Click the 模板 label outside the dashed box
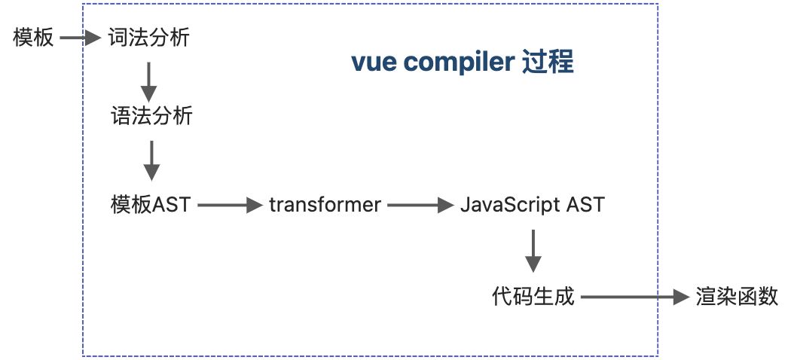tap(34, 37)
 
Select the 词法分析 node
tap(148, 37)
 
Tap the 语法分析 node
tap(151, 117)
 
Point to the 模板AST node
tap(149, 204)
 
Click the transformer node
tap(325, 204)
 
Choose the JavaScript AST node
tap(532, 204)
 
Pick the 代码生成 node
tap(533, 297)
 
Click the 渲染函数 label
tap(737, 297)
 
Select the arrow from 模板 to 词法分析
tap(81, 37)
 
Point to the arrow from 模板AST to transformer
tap(228, 204)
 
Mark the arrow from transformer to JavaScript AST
tap(419, 204)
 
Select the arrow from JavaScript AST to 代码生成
tap(533, 251)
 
